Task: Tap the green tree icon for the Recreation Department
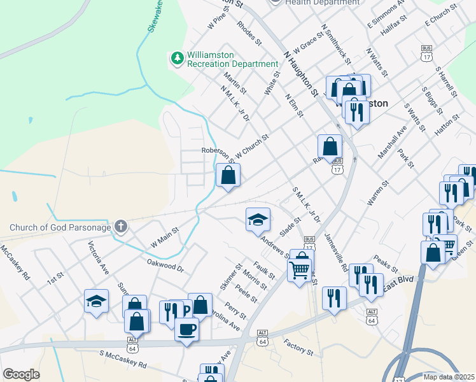tap(177, 59)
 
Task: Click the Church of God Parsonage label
tap(60, 227)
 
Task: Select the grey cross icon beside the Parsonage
tap(121, 227)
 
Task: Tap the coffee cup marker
tap(186, 329)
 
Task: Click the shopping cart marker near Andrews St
tap(300, 271)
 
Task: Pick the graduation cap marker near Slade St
tap(258, 220)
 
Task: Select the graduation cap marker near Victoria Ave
tap(97, 301)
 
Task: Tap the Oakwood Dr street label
tap(165, 266)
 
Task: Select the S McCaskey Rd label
tap(123, 359)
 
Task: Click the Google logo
tap(22, 374)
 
